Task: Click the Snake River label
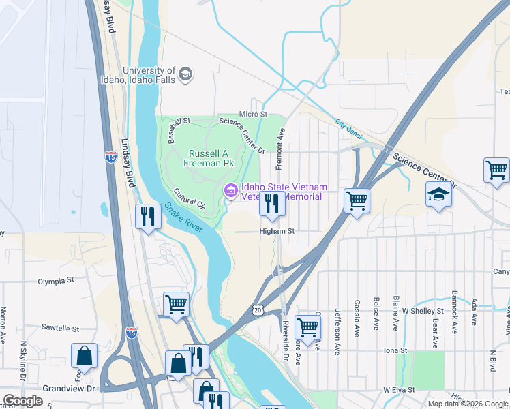coord(183,217)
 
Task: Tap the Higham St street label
coord(276,231)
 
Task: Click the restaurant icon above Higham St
coord(272,204)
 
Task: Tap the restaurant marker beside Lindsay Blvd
coord(148,217)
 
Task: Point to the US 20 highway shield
coord(257,310)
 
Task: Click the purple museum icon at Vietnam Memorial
coord(230,192)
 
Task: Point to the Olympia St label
coord(56,280)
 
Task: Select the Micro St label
coord(253,114)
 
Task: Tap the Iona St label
coord(395,350)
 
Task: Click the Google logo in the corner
coord(22,401)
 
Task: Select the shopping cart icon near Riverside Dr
coord(308,327)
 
